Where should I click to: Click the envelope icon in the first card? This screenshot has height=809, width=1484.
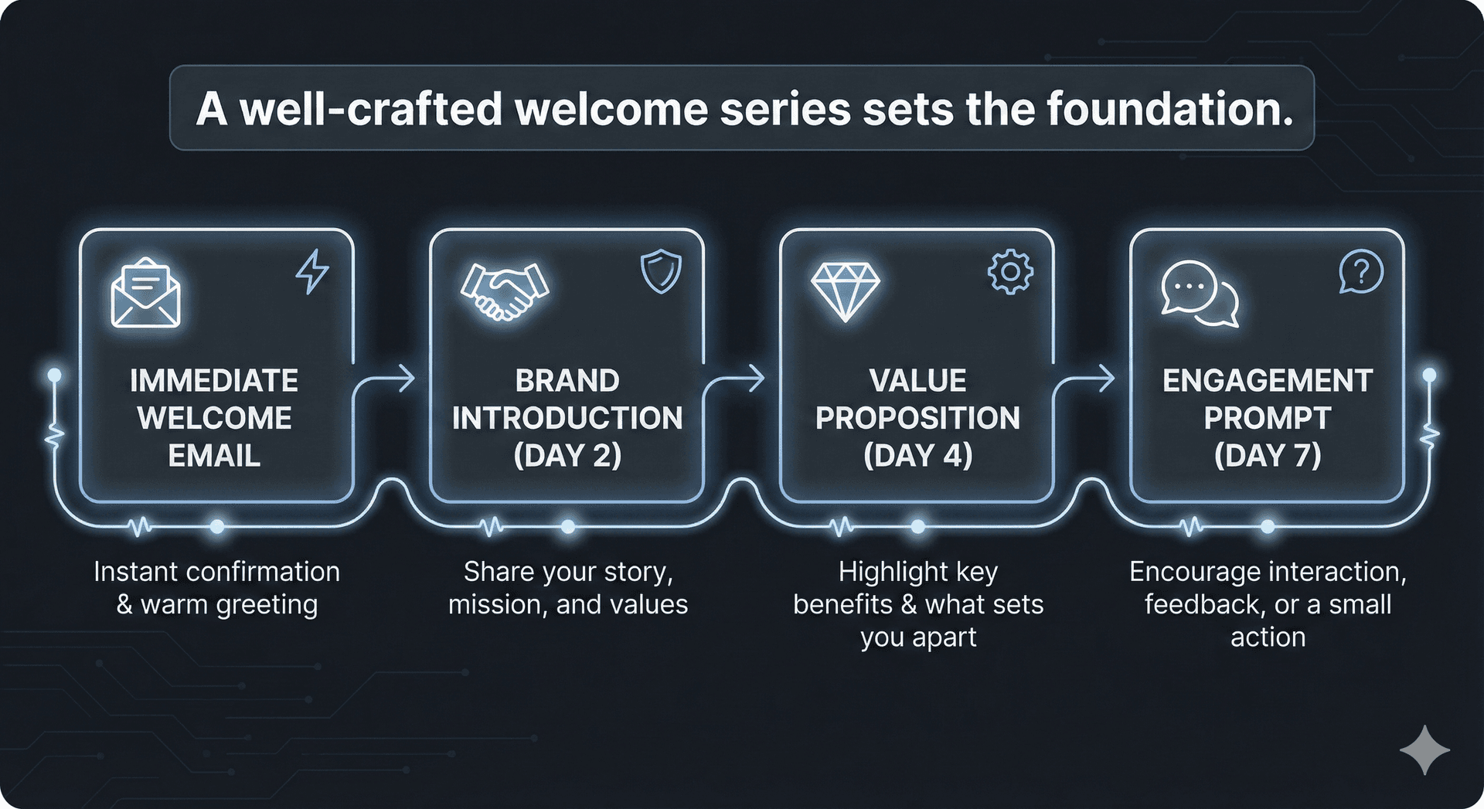click(x=146, y=294)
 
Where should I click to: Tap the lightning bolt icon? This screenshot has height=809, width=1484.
click(x=313, y=271)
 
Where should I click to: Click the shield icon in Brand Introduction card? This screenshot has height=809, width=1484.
click(x=661, y=273)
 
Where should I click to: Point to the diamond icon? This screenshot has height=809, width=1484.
click(x=846, y=292)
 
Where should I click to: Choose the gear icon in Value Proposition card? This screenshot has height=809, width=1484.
click(x=1010, y=272)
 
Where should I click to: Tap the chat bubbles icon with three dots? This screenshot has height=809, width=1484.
click(x=1199, y=294)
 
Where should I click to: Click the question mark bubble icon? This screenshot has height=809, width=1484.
click(x=1360, y=272)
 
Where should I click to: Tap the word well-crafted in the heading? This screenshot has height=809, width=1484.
click(x=371, y=108)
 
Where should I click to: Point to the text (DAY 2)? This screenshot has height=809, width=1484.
click(x=567, y=455)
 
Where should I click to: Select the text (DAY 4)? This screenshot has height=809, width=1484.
click(x=917, y=455)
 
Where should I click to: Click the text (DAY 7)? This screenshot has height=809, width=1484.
click(x=1268, y=455)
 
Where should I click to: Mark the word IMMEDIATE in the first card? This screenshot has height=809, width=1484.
click(x=214, y=380)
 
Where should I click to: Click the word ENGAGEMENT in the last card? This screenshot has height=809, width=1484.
click(x=1268, y=380)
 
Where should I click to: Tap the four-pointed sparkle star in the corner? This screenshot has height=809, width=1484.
click(x=1424, y=750)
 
